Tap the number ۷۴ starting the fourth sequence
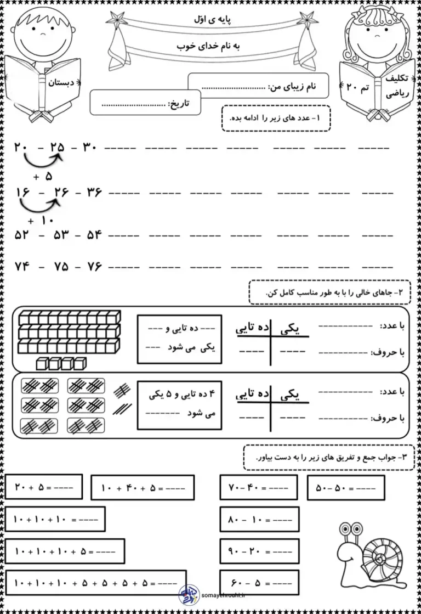(22, 267)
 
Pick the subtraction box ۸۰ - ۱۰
(259, 519)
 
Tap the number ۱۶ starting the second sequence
(22, 191)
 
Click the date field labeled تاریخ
(145, 103)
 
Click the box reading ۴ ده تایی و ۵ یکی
(180, 403)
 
